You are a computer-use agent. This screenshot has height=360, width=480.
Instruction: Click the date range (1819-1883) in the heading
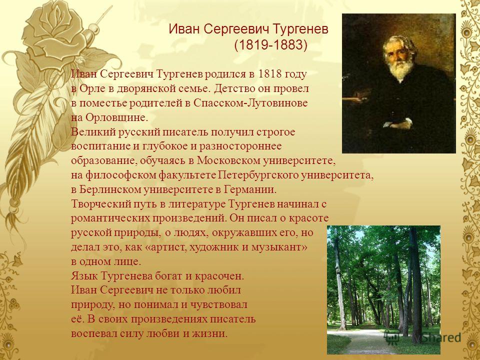(x=270, y=45)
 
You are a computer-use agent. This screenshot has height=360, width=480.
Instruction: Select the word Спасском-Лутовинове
(x=250, y=103)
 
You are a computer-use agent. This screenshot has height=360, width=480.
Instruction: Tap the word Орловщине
(x=116, y=118)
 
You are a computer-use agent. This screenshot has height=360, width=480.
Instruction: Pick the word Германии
(x=250, y=189)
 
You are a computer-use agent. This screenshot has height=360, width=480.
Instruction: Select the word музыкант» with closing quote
(x=279, y=247)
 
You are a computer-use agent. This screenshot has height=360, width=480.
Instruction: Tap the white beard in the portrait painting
(x=400, y=69)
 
